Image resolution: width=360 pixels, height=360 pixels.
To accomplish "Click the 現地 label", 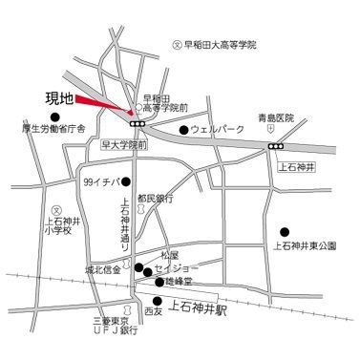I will point(59,96).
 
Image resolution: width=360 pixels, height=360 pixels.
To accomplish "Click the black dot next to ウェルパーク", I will point(182,130).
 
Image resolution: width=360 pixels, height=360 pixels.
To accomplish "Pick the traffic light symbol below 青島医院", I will point(276,146).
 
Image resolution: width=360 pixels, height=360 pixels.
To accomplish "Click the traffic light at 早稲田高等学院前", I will point(138,122).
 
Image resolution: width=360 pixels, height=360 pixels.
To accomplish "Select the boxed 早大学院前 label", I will point(124,147).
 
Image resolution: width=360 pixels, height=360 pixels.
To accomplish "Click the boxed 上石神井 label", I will point(295,164).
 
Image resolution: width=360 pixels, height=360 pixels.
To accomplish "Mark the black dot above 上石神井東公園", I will point(285,231).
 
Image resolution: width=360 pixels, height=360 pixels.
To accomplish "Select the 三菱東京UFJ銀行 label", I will point(116,328).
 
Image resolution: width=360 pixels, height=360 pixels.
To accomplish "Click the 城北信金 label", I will point(104,270).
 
